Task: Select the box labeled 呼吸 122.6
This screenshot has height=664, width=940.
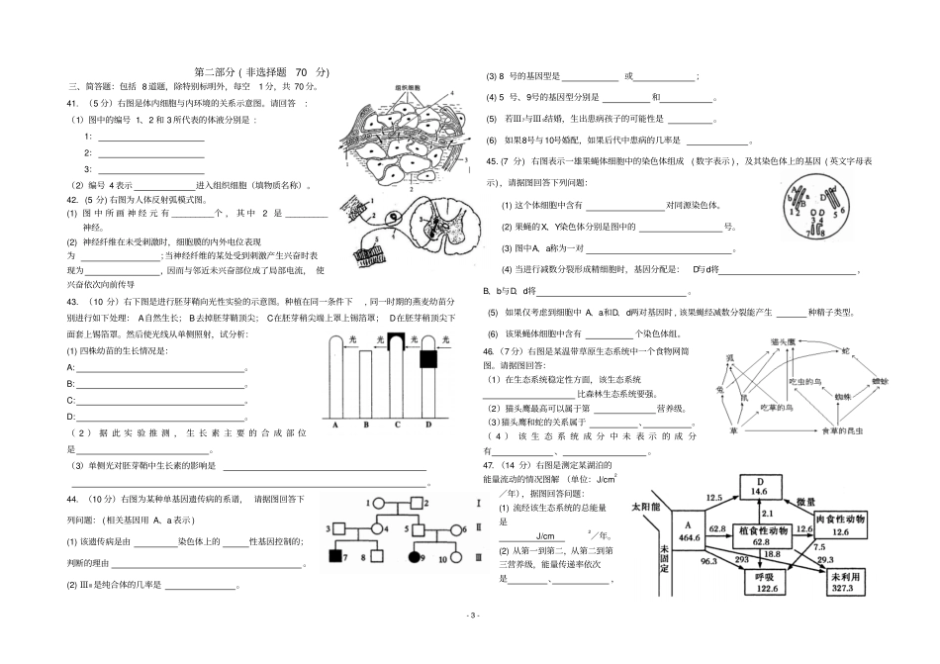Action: coord(758,582)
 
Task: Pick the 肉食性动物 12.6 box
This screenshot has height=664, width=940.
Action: coord(841,525)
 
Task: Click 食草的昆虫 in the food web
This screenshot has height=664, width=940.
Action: coord(843,432)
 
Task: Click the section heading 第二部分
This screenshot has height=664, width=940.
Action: coord(217,72)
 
